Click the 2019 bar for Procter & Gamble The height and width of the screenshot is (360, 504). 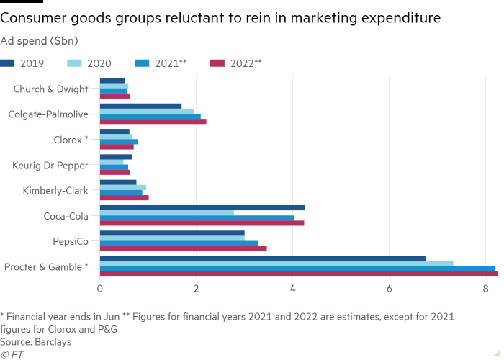point(263,258)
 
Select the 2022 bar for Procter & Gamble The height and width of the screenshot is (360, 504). point(299,274)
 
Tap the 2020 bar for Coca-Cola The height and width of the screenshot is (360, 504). point(167,213)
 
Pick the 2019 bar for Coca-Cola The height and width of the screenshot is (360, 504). point(202,208)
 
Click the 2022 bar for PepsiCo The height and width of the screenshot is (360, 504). point(184,248)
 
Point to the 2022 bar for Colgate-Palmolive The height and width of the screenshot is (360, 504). point(153,122)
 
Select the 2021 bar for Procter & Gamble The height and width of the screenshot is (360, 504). point(297,269)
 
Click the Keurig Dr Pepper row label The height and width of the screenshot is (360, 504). point(50,165)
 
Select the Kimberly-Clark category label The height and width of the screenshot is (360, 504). point(55,190)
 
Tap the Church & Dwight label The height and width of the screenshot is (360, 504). point(50,89)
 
